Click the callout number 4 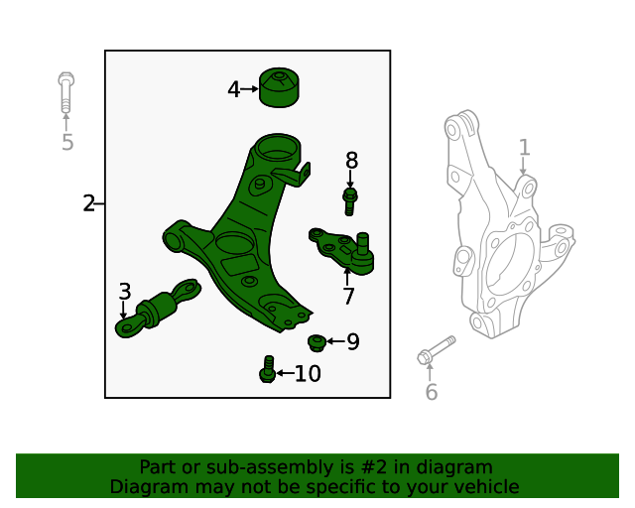point(233,89)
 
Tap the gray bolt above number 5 point(65,92)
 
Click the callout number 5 point(66,143)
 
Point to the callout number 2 point(88,204)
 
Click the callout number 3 point(124,292)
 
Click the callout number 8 point(351,161)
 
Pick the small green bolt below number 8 point(349,201)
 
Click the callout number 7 point(348,296)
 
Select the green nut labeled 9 point(317,343)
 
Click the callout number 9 point(352,342)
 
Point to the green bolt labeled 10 point(267,369)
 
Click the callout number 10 point(308,374)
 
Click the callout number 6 point(431,393)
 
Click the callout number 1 point(524,148)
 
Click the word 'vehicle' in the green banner point(480,487)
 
